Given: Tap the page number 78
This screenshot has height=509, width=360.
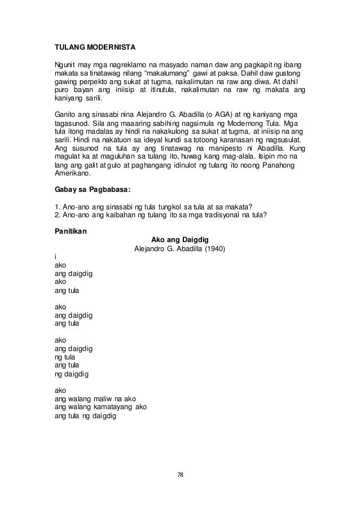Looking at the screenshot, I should click(x=180, y=475).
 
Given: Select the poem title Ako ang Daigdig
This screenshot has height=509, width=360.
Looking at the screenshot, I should click(x=180, y=239).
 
